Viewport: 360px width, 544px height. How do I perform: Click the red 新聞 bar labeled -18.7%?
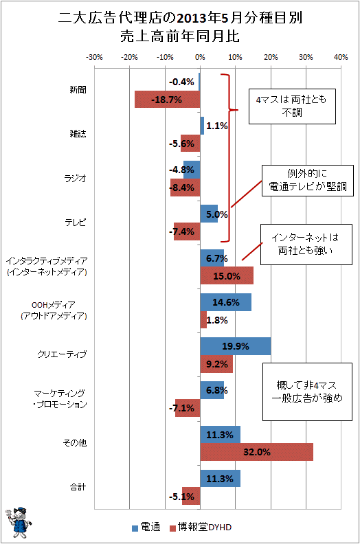click(x=168, y=99)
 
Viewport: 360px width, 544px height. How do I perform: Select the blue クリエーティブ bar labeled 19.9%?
click(x=236, y=346)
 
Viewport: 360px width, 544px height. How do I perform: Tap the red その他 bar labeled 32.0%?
click(x=256, y=452)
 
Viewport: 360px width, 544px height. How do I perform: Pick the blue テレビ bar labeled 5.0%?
click(x=209, y=214)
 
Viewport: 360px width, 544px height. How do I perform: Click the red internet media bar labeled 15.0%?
click(x=227, y=276)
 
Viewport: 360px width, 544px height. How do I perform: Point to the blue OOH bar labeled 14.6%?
click(x=225, y=302)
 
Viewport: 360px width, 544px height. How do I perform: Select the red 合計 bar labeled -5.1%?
click(x=191, y=496)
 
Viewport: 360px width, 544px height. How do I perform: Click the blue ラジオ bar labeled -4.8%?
click(x=192, y=170)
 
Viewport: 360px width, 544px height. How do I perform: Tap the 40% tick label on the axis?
click(x=341, y=57)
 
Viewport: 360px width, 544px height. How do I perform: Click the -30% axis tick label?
click(x=94, y=57)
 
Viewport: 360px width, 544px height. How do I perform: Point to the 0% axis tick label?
click(x=200, y=57)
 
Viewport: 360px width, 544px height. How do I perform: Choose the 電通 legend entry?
click(x=146, y=528)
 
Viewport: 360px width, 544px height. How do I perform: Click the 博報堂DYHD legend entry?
click(x=201, y=528)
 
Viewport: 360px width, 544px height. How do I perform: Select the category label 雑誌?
click(x=78, y=134)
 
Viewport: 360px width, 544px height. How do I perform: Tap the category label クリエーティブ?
click(x=62, y=354)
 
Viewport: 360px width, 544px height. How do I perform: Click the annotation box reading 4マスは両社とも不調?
click(x=292, y=106)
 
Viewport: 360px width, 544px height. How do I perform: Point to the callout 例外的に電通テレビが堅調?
click(x=307, y=181)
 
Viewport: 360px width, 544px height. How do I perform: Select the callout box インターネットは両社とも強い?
click(x=306, y=245)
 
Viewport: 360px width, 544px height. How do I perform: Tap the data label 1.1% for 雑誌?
click(x=217, y=126)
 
